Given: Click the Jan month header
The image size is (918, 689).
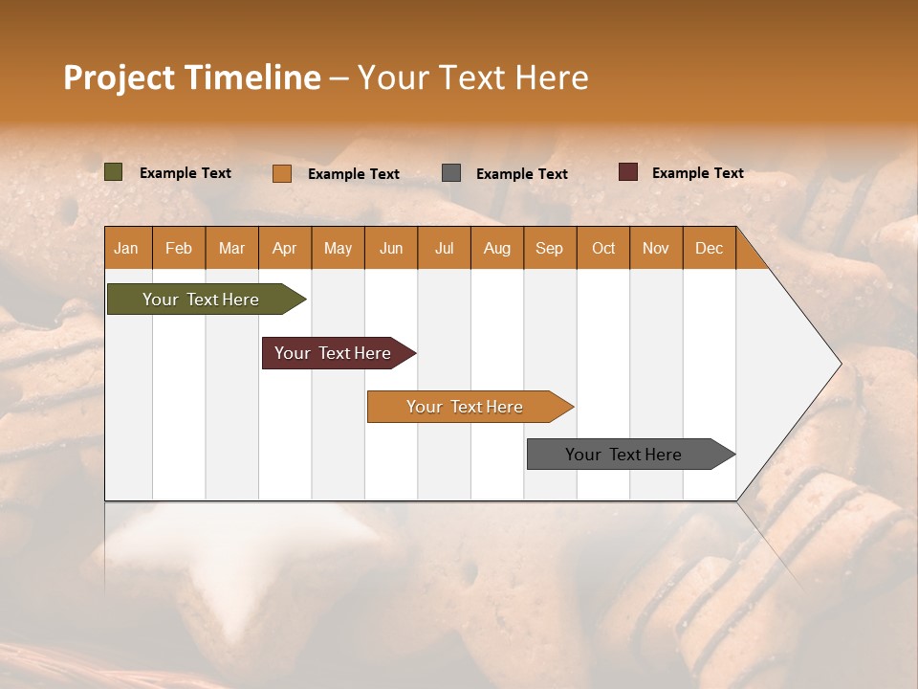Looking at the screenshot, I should tap(126, 248).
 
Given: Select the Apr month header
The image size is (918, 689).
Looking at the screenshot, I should tap(284, 248).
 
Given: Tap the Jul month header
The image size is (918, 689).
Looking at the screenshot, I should tap(444, 248).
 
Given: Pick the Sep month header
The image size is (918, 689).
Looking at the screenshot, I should tap(549, 248).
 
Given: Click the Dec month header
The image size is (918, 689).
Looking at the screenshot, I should tap(709, 248).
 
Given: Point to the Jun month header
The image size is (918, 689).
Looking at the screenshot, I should tap(391, 248).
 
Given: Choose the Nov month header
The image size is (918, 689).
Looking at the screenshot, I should tap(655, 248).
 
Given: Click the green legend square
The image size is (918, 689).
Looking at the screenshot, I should tap(113, 172).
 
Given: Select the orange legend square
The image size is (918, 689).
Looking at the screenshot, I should tap(281, 173).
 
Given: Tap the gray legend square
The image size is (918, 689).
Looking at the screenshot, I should tap(451, 173).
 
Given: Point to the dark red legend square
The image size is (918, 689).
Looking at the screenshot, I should tap(628, 172).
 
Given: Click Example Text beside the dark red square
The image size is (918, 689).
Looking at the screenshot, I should tap(697, 173).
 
